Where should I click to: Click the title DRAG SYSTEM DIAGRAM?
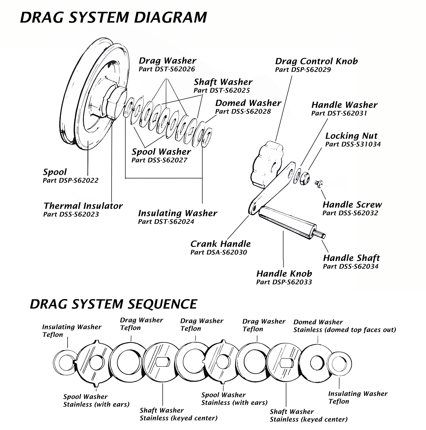(x=113, y=18)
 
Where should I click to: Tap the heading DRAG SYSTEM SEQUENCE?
(x=113, y=304)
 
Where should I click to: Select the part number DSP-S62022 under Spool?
(x=71, y=180)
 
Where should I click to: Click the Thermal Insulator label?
(x=83, y=206)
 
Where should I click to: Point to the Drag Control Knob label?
(x=316, y=61)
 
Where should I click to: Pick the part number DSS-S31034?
(x=353, y=144)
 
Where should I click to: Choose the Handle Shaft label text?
(x=351, y=258)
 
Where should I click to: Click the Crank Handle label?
(x=220, y=244)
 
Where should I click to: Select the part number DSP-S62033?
(x=284, y=282)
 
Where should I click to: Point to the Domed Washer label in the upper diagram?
(x=248, y=103)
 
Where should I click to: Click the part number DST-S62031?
(x=339, y=113)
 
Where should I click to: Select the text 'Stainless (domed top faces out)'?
(x=345, y=330)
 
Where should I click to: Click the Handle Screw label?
(x=352, y=205)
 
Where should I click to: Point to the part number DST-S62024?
(x=166, y=222)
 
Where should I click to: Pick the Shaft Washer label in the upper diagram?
(x=223, y=82)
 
